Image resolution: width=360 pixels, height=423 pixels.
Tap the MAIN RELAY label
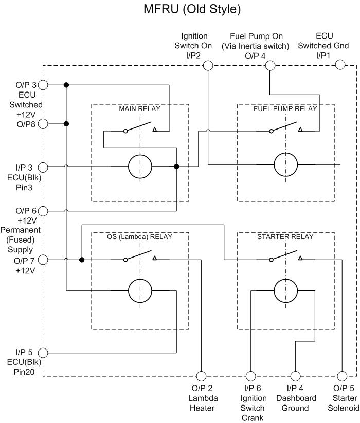[140, 109]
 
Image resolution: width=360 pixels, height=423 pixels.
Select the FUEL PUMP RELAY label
[285, 109]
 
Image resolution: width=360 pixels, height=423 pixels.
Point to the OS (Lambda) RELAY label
[140, 237]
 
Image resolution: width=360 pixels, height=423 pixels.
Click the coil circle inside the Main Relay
[140, 167]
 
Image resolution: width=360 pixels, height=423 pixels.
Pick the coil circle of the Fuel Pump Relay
[285, 164]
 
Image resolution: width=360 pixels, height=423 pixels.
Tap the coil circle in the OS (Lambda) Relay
[140, 291]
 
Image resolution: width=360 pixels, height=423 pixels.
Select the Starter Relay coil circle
[285, 291]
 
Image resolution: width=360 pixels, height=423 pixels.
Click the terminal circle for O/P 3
[43, 85]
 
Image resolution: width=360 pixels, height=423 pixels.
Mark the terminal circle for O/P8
[43, 123]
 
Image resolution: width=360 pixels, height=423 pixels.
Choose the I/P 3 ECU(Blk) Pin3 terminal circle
[43, 167]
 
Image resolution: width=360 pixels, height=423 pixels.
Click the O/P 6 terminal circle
[43, 211]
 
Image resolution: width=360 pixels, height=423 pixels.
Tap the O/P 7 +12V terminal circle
[43, 260]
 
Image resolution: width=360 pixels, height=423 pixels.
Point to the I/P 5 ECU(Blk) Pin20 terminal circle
[43, 353]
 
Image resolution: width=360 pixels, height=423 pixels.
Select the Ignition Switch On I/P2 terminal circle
[208, 65]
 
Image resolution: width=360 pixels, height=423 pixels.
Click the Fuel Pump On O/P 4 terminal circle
[269, 65]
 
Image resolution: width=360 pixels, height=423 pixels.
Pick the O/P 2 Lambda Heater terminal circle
[201, 376]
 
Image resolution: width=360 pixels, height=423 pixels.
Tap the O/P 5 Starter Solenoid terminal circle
[340, 376]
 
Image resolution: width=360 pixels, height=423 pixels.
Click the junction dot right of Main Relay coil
[176, 167]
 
